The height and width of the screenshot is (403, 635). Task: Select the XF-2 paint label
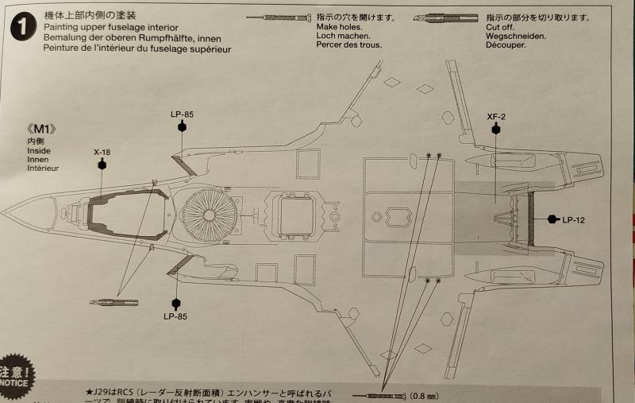click(496, 116)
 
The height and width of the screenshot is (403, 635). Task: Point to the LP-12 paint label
click(574, 219)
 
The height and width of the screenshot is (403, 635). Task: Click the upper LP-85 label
click(182, 114)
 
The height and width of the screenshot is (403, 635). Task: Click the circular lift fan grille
click(209, 215)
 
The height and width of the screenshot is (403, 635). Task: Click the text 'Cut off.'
click(502, 27)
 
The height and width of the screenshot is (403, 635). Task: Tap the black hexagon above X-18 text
click(102, 164)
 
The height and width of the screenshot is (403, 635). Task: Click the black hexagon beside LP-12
click(553, 219)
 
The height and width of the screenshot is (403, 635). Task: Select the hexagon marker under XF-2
click(496, 128)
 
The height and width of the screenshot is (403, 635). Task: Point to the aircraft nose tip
click(3, 213)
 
